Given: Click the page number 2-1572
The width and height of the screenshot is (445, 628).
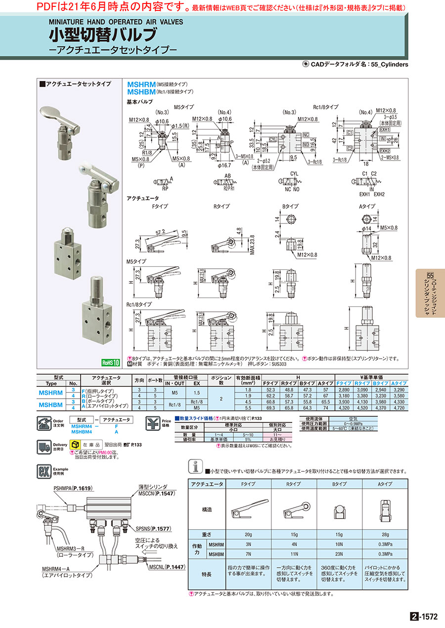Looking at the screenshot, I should [424, 617].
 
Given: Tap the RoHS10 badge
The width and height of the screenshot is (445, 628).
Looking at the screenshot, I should [111, 363].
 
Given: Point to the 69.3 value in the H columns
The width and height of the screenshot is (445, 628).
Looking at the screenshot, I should [270, 408].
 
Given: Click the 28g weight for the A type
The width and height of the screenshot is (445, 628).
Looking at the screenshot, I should [385, 534].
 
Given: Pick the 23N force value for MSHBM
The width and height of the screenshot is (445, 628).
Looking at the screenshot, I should [340, 553].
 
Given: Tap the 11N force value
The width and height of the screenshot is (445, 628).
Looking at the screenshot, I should [294, 553].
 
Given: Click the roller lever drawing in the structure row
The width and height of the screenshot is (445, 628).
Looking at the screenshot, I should [294, 509].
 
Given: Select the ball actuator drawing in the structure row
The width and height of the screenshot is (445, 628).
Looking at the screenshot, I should [340, 509].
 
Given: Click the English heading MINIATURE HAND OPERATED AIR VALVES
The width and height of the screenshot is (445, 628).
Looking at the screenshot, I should [116, 22].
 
